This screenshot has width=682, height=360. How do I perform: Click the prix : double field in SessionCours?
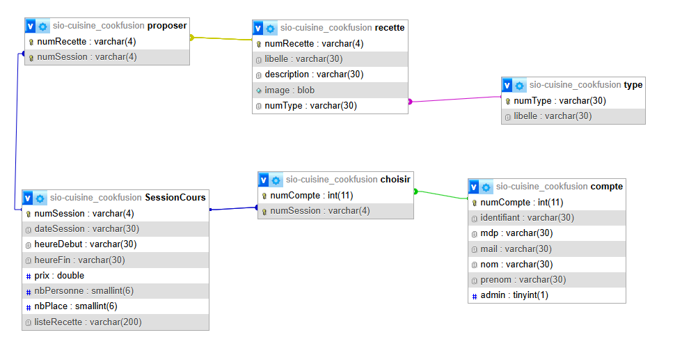[x=59, y=276]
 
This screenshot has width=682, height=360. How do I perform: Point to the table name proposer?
[x=167, y=26]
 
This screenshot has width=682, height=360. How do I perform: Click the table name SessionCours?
[x=175, y=198]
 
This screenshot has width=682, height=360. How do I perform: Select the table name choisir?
[x=395, y=180]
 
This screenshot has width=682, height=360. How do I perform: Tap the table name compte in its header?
[x=606, y=187]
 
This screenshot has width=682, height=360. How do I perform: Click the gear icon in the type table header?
[x=519, y=86]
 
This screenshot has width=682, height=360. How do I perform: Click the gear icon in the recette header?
[x=270, y=29]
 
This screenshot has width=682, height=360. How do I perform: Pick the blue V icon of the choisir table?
[x=264, y=180]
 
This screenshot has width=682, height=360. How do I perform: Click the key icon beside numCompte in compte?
[x=475, y=203]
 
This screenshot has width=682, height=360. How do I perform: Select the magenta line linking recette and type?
[x=455, y=100]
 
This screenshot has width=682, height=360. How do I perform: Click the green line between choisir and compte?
[x=441, y=194]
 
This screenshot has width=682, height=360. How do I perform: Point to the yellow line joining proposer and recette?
[x=221, y=38]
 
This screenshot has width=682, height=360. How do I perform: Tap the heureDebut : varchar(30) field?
[x=85, y=244]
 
